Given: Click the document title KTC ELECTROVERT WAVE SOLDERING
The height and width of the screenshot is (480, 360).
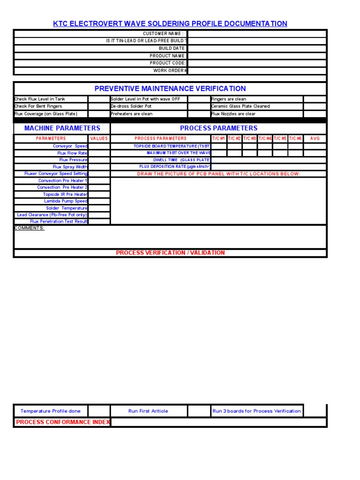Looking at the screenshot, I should (170, 23).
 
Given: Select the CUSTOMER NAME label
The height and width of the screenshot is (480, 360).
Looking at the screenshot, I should (163, 34).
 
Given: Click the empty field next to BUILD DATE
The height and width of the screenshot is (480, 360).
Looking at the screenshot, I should (256, 48).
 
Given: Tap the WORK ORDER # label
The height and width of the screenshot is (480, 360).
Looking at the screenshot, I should (170, 71).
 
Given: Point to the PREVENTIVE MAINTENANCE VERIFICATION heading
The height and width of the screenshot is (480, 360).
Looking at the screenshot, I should (170, 89).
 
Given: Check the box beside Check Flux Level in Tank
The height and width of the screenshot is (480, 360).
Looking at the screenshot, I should (98, 99).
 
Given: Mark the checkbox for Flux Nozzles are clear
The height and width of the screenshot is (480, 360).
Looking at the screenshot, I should (315, 114).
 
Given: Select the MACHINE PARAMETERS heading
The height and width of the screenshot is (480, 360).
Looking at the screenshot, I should (62, 128).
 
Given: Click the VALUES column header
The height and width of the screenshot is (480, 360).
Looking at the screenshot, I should (99, 139).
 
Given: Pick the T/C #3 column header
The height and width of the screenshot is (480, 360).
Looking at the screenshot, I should (249, 139).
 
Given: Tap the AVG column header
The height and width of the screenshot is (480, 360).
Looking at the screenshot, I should (315, 139).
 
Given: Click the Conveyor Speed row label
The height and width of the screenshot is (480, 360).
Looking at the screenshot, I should (70, 146).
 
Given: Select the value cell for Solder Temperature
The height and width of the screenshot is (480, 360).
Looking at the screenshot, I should (99, 208).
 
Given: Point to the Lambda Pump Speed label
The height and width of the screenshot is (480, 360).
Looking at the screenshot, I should (66, 201).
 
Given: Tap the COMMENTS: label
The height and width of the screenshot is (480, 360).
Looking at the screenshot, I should (30, 228).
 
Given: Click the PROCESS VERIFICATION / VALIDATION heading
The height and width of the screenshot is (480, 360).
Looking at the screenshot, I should (170, 253).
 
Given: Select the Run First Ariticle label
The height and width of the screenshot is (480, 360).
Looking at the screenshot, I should (148, 411).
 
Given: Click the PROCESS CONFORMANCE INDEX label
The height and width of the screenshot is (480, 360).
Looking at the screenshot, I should (63, 422).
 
